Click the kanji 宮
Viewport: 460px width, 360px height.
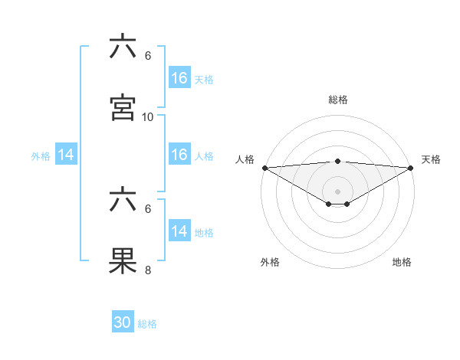(x=123, y=107)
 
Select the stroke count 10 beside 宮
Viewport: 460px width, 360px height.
(x=148, y=117)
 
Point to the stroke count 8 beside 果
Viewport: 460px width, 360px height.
(x=148, y=270)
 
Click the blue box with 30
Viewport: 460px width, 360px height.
(x=123, y=323)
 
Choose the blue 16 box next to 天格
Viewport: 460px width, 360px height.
(x=179, y=78)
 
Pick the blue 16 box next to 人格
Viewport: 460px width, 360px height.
(x=179, y=155)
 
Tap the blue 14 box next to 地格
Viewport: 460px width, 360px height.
(x=179, y=231)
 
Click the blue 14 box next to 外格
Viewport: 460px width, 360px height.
(x=66, y=155)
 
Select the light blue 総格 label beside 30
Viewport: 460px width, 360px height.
(x=147, y=325)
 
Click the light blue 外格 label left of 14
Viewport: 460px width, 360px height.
(x=41, y=156)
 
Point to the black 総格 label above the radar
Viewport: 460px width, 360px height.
(x=338, y=100)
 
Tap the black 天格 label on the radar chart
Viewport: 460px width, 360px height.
(x=431, y=159)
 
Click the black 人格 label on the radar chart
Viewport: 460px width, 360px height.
(x=245, y=159)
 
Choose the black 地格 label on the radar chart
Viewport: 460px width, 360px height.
(x=402, y=262)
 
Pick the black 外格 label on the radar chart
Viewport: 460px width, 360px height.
(x=270, y=262)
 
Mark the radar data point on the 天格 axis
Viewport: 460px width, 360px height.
(x=411, y=167)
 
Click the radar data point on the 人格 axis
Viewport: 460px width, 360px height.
(x=264, y=167)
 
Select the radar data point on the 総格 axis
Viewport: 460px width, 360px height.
(x=338, y=161)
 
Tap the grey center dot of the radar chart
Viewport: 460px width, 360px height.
(x=338, y=191)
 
